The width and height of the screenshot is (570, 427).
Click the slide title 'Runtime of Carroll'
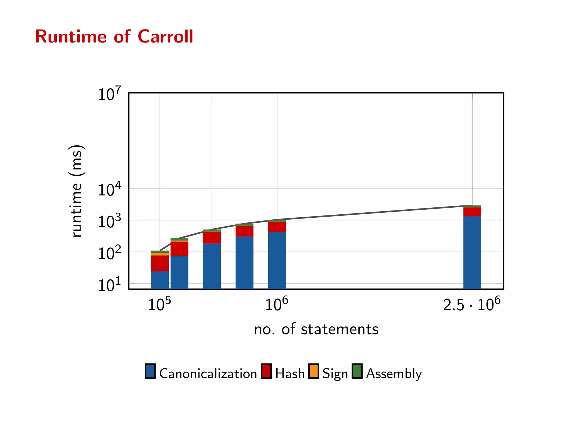[114, 36]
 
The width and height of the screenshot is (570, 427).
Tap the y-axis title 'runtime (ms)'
[76, 191]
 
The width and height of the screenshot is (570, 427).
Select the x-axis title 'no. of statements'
[316, 329]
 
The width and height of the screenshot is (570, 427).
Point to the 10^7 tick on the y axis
[109, 94]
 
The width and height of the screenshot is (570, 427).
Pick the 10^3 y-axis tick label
[109, 221]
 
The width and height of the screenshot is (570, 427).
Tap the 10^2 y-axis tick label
[109, 253]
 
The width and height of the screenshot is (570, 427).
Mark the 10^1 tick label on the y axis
[109, 285]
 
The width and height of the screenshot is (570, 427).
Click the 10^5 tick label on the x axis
[159, 304]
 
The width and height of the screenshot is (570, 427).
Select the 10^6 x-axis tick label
[276, 304]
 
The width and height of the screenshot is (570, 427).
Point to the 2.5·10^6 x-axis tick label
[471, 304]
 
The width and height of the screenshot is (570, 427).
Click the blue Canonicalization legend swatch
[150, 371]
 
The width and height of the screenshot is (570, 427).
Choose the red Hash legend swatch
[266, 371]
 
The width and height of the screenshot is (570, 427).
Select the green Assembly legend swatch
[357, 371]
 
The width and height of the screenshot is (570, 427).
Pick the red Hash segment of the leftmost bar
[160, 263]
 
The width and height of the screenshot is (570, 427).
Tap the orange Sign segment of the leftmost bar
[160, 254]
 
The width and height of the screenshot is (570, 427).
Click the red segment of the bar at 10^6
[277, 227]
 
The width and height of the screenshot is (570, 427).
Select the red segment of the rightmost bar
[472, 212]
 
